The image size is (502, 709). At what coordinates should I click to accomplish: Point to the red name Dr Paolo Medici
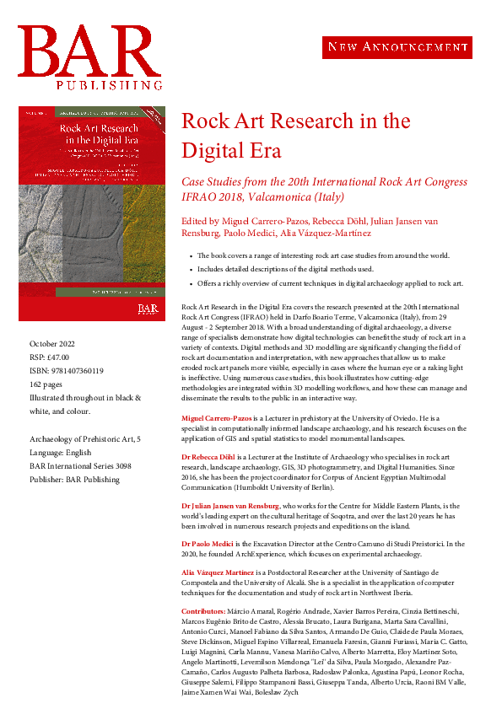pyautogui.click(x=210, y=542)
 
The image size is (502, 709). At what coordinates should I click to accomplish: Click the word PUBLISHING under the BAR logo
pyautogui.click(x=110, y=85)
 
